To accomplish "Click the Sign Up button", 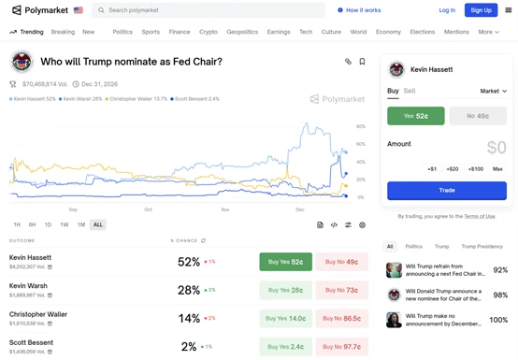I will point(481,10).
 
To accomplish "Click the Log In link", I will point(447,10).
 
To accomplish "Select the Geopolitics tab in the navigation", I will point(242,32).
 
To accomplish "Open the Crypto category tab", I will point(209,32).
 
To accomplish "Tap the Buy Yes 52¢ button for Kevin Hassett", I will point(285,262).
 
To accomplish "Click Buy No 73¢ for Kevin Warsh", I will point(341,290).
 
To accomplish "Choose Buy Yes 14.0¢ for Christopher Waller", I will point(285,318).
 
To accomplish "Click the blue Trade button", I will point(447,190).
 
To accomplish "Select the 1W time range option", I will point(65,224).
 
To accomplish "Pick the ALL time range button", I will point(98,224).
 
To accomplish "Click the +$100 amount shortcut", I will point(476,169).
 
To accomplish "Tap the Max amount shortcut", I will point(497,169).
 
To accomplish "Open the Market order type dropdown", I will point(493,92).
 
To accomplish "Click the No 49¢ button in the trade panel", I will point(477,116).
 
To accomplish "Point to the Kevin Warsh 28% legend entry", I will point(81,98).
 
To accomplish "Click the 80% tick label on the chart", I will point(361,127).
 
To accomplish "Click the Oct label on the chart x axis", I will point(148,209).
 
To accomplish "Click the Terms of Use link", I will point(480,216).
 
